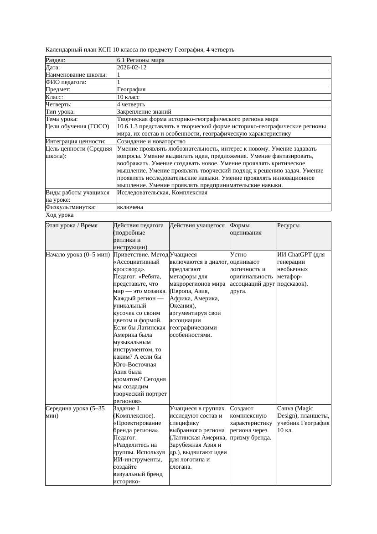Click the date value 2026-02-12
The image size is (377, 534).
coord(132,68)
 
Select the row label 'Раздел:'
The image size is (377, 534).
coord(56,60)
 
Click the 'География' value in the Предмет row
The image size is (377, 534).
coord(131,89)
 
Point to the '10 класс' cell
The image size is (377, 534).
coord(128,97)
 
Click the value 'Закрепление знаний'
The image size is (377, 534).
coord(144,111)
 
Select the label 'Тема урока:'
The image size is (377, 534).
coord(62,119)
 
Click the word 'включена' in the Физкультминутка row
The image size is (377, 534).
coord(130,207)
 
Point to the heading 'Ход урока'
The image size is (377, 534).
coord(60,215)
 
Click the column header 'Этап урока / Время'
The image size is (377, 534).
coord(72,225)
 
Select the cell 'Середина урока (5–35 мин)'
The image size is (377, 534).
coord(75,412)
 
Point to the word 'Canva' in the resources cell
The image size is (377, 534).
coord(286,408)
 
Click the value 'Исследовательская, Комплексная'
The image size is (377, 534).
coord(162,193)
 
